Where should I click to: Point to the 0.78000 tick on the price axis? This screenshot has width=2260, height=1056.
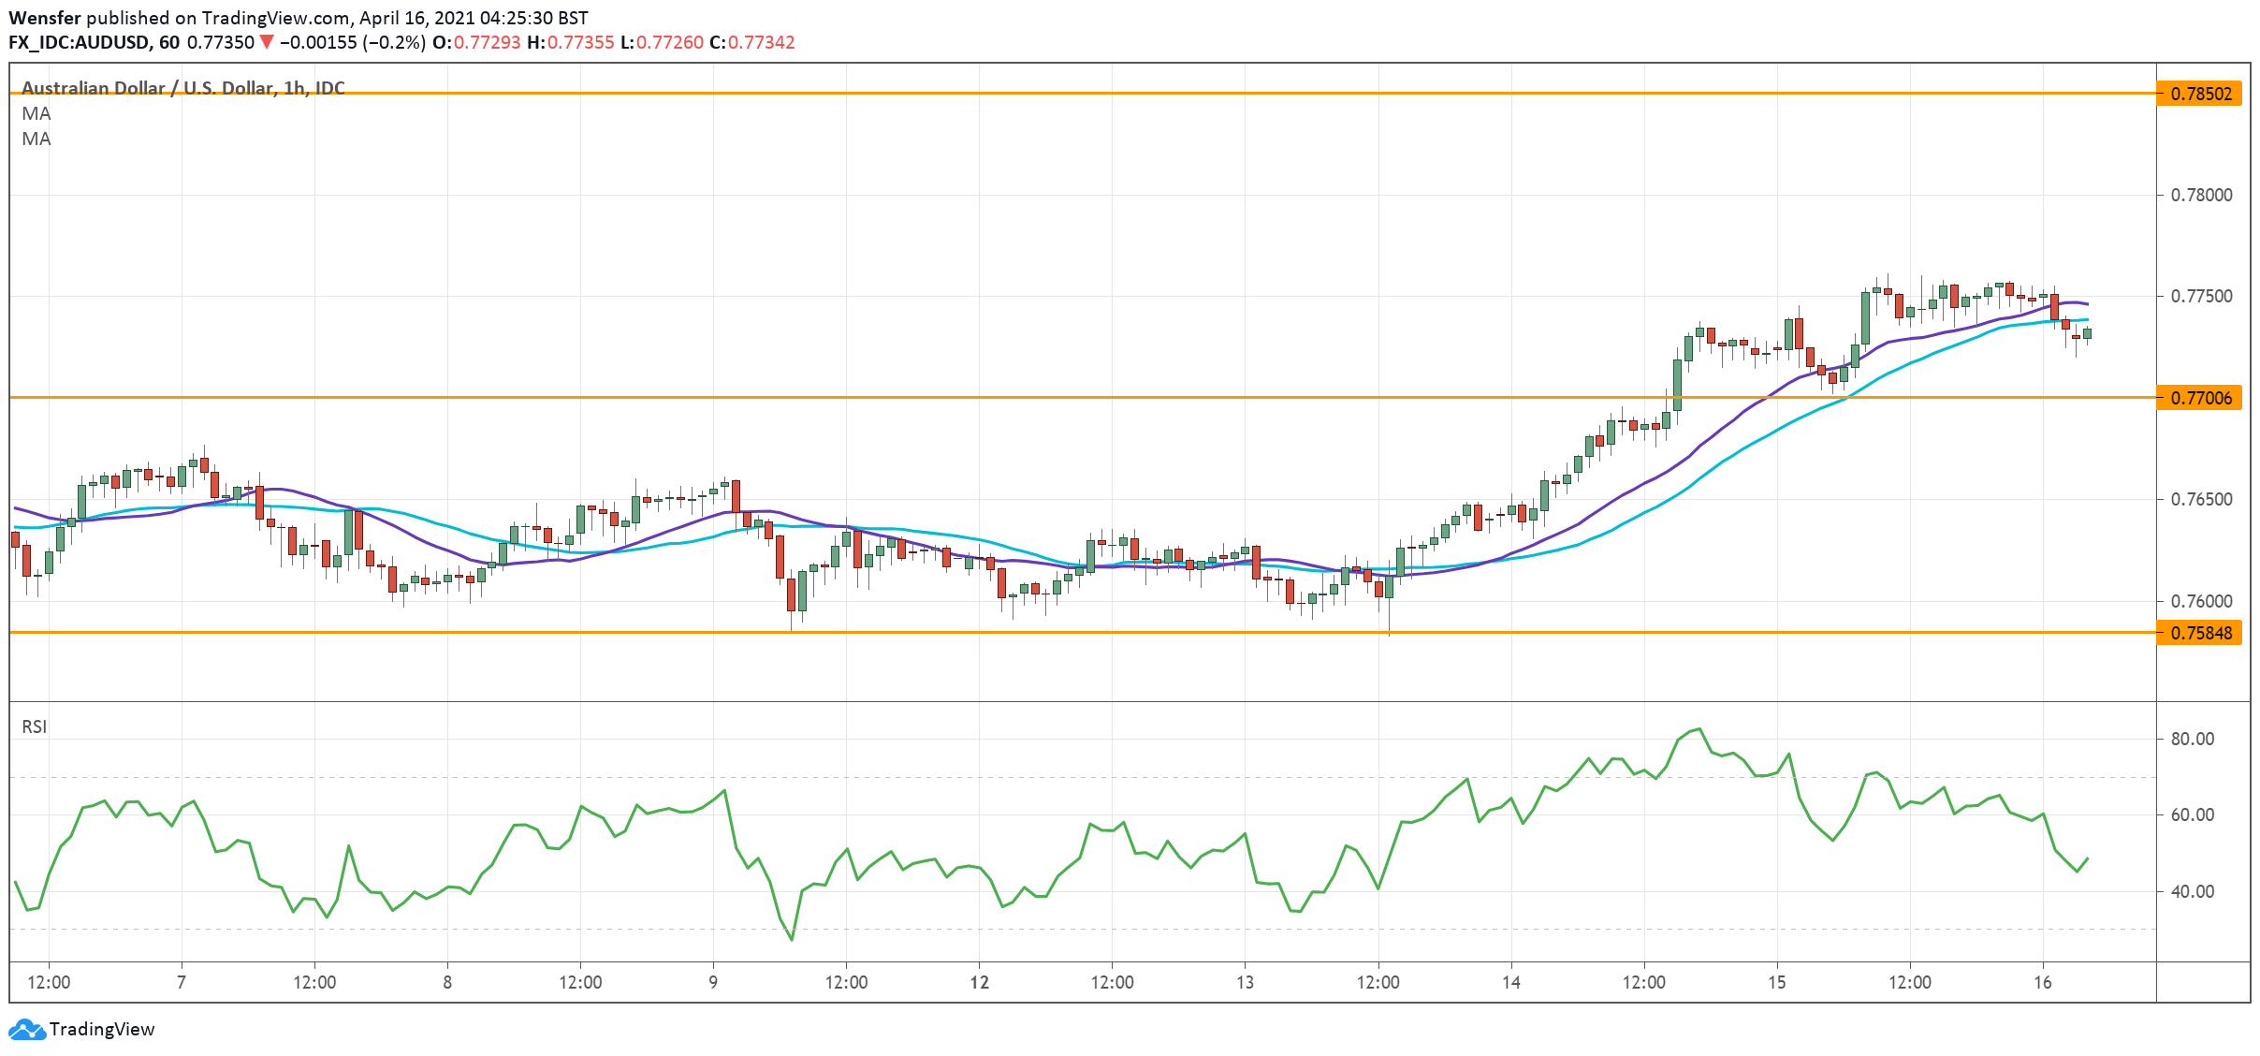[2200, 195]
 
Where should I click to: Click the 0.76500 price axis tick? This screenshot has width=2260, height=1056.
[2200, 499]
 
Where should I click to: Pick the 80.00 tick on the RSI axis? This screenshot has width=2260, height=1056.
[2193, 739]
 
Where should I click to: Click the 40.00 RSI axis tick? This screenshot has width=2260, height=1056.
[2193, 891]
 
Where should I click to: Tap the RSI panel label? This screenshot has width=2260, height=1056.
[34, 726]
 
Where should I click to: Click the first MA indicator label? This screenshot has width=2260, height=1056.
[36, 113]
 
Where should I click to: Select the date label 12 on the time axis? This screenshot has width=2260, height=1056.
[979, 982]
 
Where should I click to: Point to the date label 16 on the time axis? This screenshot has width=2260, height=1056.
[2043, 982]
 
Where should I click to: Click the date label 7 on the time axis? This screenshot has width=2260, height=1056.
[182, 982]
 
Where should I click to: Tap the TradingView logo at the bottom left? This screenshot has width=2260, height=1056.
[82, 1029]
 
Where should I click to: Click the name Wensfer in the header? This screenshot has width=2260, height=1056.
[44, 18]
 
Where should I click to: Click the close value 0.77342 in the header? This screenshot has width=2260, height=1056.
[761, 42]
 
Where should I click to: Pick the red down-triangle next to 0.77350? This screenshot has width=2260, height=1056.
[267, 42]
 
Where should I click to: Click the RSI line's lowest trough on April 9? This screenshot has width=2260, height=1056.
[792, 939]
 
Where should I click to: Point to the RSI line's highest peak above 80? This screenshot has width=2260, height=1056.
[1699, 728]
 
